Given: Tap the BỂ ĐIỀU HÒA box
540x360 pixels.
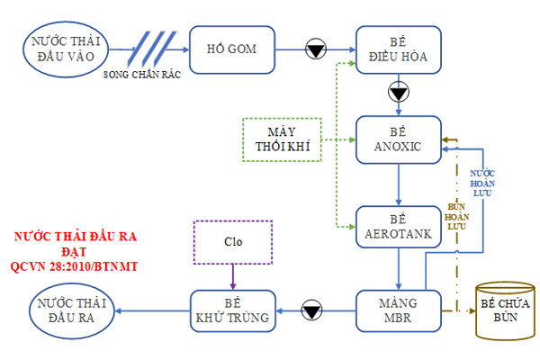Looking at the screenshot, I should [x=397, y=50].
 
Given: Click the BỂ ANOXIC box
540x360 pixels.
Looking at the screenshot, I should [x=397, y=140].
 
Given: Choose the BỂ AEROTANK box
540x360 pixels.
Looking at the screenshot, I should [x=397, y=228].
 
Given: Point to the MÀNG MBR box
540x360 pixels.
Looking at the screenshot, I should [x=397, y=310].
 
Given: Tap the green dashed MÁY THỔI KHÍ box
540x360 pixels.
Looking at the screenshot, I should [x=283, y=140].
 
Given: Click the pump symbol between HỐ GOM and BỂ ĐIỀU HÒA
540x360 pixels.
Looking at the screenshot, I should [x=316, y=49].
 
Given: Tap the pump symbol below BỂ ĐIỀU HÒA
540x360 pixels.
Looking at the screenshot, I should [x=398, y=93].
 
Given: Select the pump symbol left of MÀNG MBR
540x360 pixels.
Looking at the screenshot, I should [x=311, y=311].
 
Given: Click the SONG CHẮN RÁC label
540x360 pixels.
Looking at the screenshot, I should [x=143, y=75].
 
